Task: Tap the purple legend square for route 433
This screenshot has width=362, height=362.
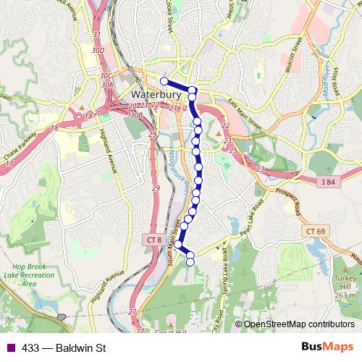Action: coord(9,348)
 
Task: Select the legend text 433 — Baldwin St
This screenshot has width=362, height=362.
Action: coord(64,348)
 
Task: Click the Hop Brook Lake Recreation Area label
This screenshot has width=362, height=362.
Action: coord(29,274)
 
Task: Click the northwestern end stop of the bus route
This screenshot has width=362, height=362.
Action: coord(164,81)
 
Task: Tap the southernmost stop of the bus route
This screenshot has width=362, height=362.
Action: coord(191,261)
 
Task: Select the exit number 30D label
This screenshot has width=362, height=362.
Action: coord(98,49)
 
